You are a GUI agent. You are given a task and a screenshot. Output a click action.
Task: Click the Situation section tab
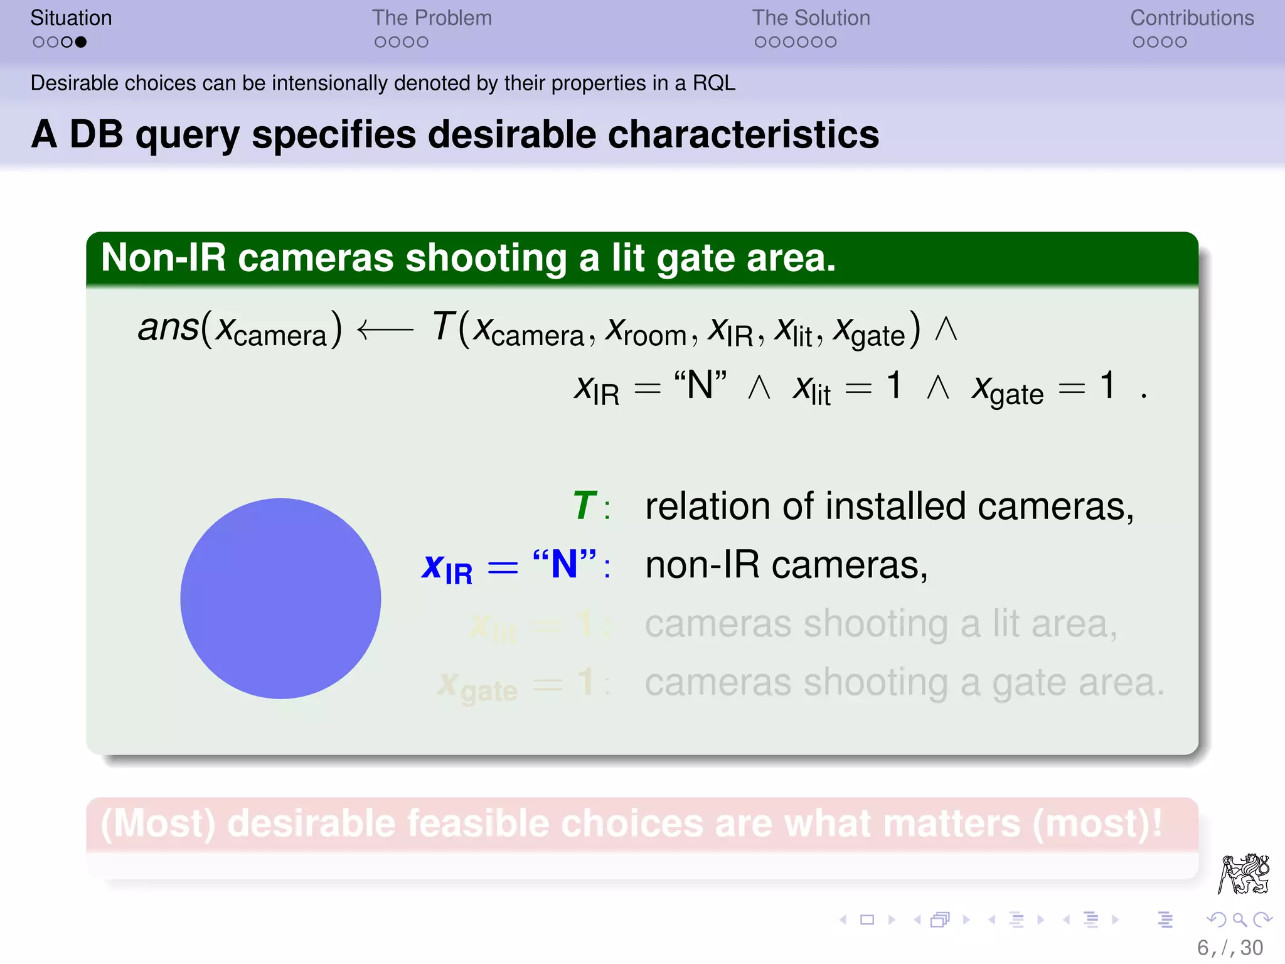71,18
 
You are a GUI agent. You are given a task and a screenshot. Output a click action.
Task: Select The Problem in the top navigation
432,18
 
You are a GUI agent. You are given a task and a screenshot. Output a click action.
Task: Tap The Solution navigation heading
811,18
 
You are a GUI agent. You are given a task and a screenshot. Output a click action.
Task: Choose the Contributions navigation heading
1192,18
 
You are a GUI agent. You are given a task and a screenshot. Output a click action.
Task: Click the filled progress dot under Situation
80,42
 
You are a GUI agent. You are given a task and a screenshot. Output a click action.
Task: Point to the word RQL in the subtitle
713,83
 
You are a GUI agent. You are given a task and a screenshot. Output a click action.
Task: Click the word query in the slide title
188,136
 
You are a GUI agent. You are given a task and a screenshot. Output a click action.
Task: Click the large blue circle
280,598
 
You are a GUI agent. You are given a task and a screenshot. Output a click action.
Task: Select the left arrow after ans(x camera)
385,329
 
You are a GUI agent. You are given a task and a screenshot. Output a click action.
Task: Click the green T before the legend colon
584,505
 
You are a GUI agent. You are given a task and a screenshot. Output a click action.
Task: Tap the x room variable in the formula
646,331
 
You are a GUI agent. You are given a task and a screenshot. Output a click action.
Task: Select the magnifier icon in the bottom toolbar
1239,920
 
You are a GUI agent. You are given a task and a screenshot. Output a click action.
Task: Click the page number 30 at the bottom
1251,948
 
